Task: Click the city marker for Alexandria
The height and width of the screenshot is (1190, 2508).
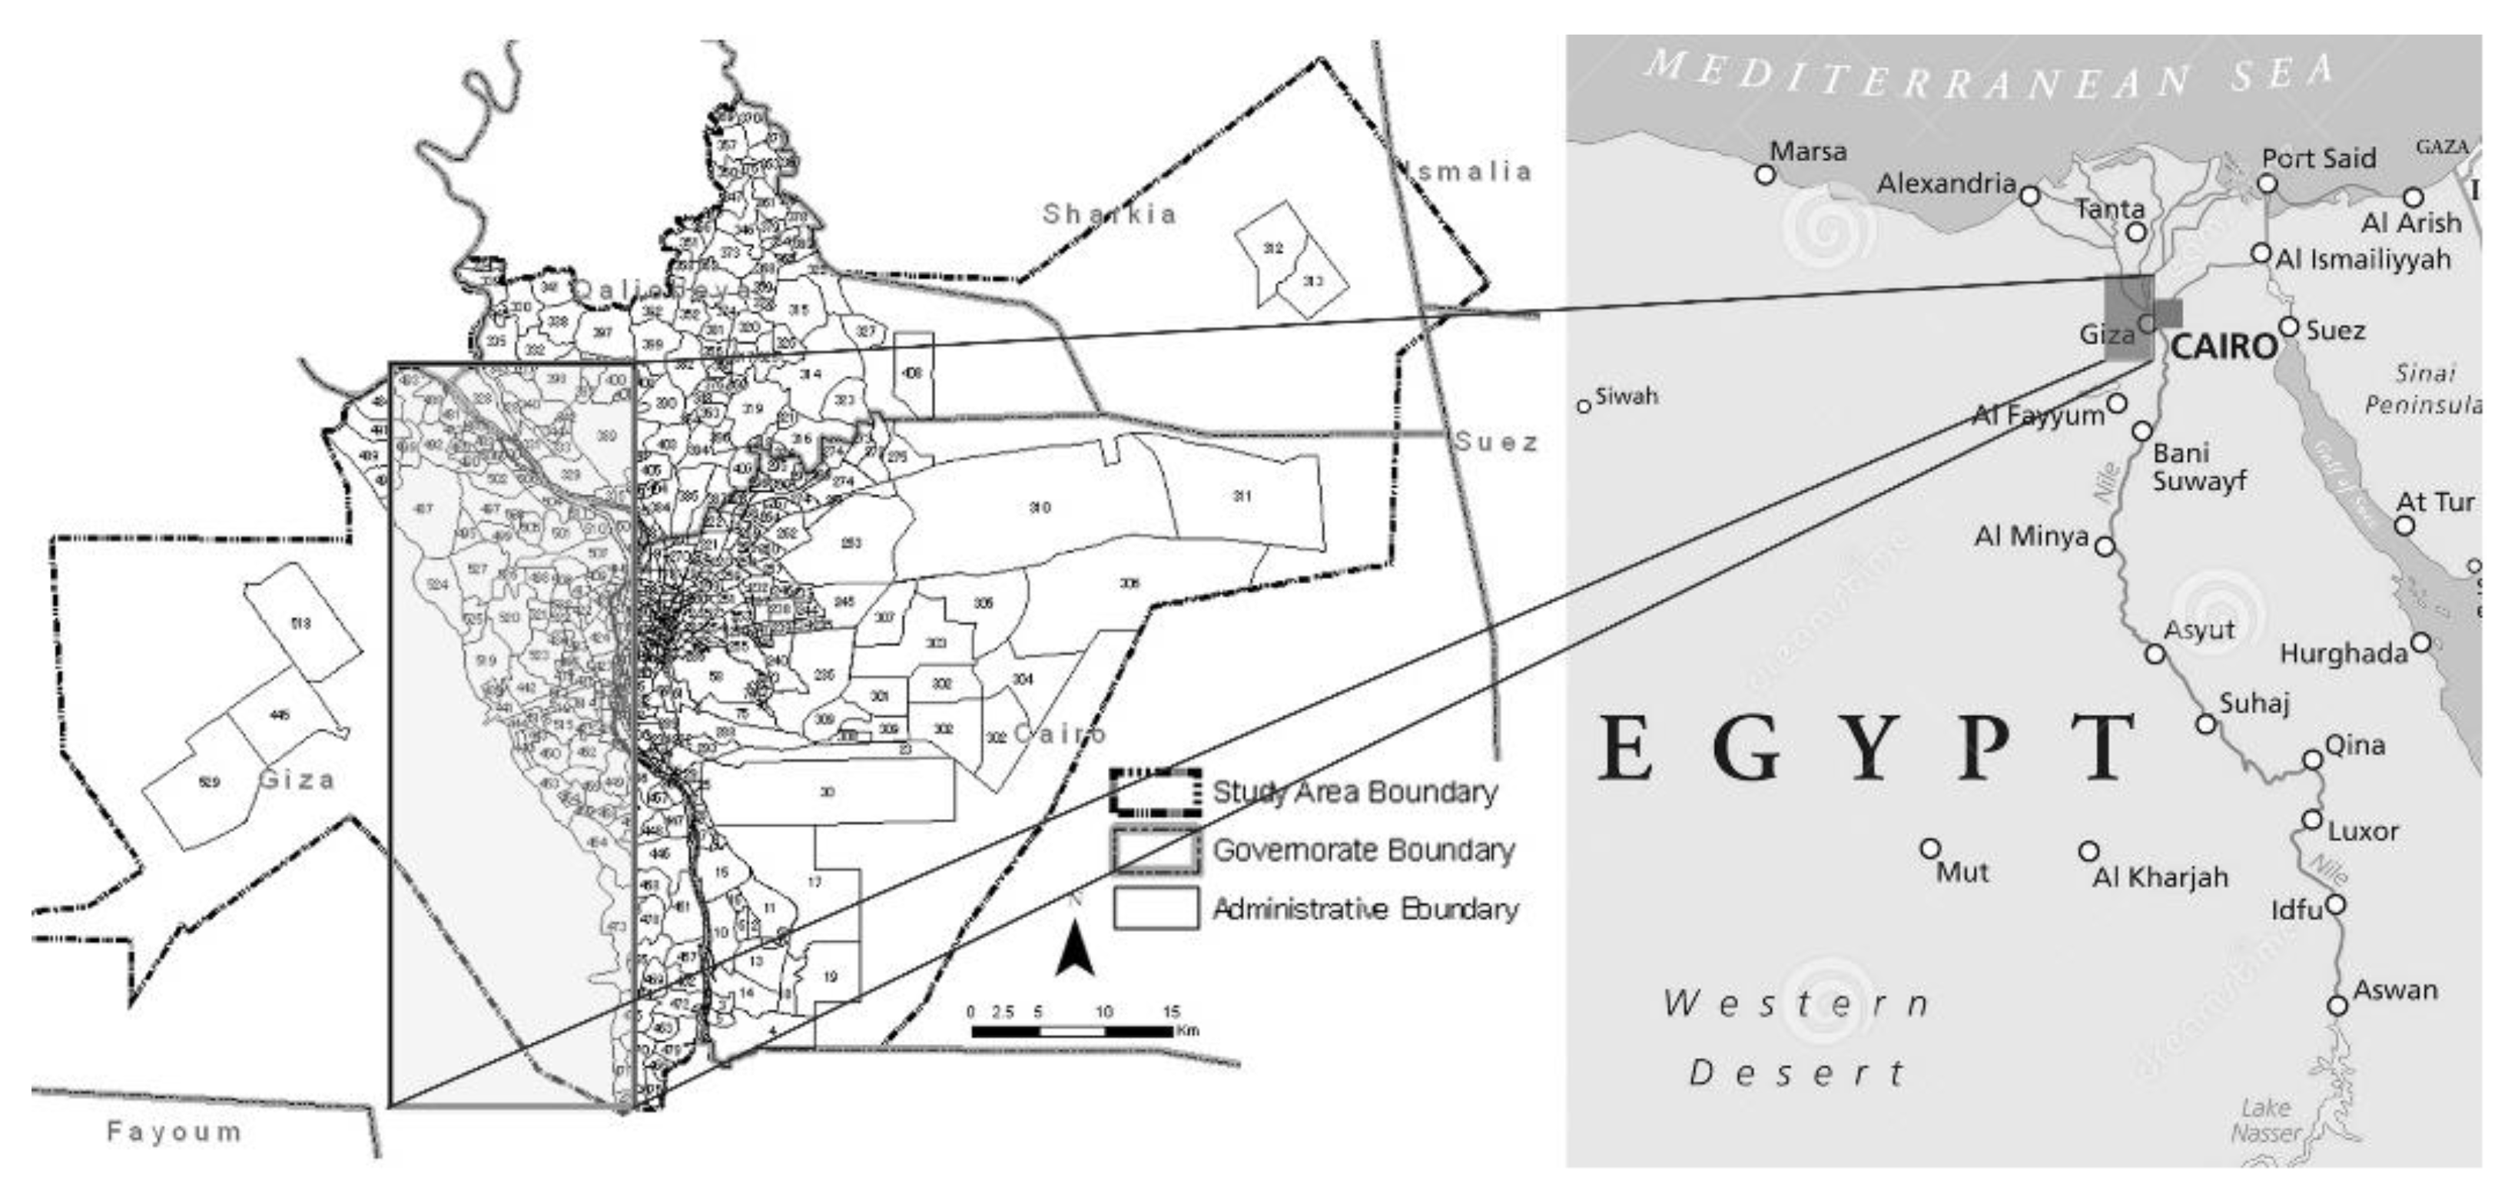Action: tap(2029, 196)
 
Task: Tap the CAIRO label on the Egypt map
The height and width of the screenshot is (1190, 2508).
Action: tap(2224, 346)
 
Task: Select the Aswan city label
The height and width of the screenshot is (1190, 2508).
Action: tap(2395, 990)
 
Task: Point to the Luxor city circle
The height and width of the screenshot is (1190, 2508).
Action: tap(2312, 820)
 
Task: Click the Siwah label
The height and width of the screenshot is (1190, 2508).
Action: tap(1626, 396)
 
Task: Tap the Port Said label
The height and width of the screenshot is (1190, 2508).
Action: tap(2318, 157)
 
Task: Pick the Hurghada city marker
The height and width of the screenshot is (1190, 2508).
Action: tap(2420, 643)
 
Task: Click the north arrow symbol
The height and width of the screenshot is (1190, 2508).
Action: tap(1075, 949)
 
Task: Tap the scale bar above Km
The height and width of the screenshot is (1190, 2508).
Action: tap(1071, 1030)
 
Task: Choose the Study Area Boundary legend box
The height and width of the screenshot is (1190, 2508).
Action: tap(1155, 792)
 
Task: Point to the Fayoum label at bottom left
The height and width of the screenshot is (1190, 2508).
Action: tap(174, 1132)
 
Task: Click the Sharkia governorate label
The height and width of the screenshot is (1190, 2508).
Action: tap(1109, 214)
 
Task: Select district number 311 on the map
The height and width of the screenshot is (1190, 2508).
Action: tap(1242, 496)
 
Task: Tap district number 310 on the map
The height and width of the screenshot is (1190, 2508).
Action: tap(1040, 507)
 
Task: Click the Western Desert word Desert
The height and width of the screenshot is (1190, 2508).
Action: tap(1796, 1073)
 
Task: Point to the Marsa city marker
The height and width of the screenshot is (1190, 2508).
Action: tap(1765, 174)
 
